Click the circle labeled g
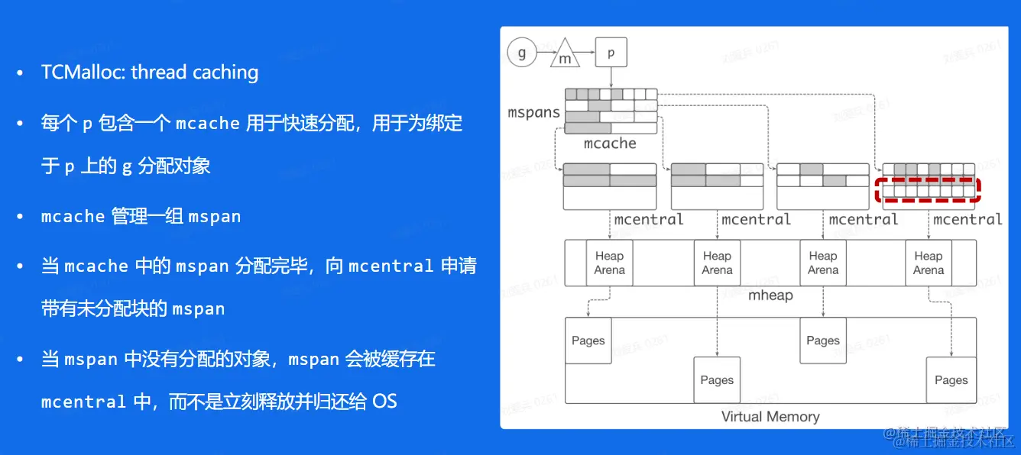(x=523, y=54)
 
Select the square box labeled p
(x=610, y=53)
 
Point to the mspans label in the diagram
(x=534, y=112)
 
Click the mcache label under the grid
(x=610, y=143)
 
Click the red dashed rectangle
(x=927, y=189)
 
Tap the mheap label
(x=770, y=295)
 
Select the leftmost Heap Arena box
(x=609, y=263)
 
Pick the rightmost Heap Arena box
(x=929, y=263)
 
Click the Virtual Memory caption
(x=770, y=417)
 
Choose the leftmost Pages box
(x=588, y=341)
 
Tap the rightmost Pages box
(x=951, y=380)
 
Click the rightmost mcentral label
(x=968, y=220)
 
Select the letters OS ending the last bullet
(x=384, y=401)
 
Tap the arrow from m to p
(x=585, y=54)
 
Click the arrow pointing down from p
(x=611, y=76)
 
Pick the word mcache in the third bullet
(x=73, y=217)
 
